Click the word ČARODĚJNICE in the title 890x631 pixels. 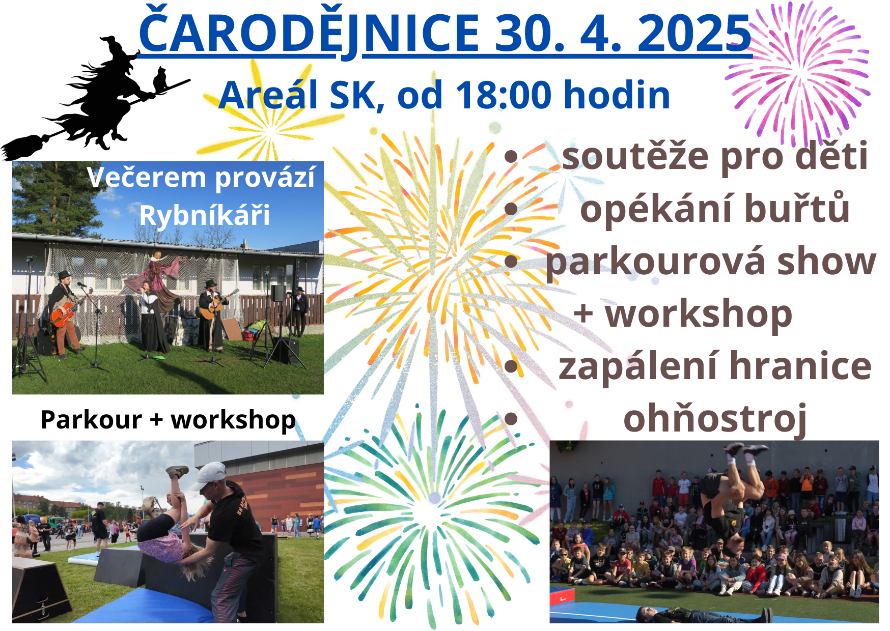[309, 33]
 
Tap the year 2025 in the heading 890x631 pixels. [694, 33]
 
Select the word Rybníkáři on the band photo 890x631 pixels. [205, 215]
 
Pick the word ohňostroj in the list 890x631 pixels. [715, 419]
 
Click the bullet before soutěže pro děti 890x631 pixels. [511, 157]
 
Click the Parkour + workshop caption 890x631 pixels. [168, 420]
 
